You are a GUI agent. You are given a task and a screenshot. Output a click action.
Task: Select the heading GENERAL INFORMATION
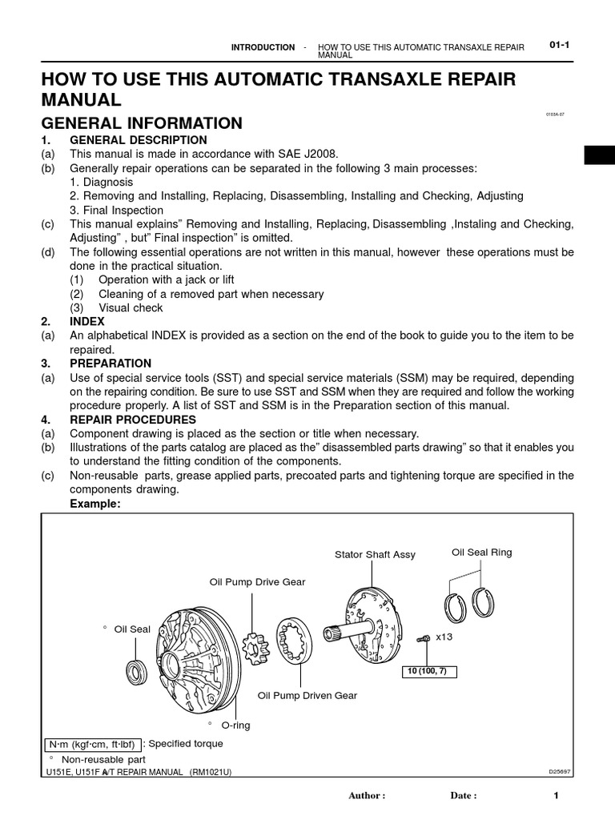point(142,123)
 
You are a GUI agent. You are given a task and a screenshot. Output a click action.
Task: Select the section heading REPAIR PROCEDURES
point(131,420)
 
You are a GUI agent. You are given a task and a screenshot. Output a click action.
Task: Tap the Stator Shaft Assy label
point(375,555)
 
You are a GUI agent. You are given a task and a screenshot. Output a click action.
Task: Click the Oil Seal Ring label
point(481,553)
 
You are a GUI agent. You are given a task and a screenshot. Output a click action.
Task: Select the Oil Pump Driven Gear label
point(307,696)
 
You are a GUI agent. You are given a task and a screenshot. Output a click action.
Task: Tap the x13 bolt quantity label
point(444,637)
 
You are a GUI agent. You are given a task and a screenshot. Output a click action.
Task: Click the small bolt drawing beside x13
point(424,638)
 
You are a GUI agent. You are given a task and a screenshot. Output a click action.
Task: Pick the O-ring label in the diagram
point(235,726)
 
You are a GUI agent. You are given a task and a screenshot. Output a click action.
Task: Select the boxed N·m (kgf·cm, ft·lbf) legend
point(94,744)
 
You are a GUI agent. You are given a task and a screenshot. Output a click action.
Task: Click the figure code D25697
point(559,773)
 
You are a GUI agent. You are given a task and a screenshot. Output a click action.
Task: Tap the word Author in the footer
point(367,796)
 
